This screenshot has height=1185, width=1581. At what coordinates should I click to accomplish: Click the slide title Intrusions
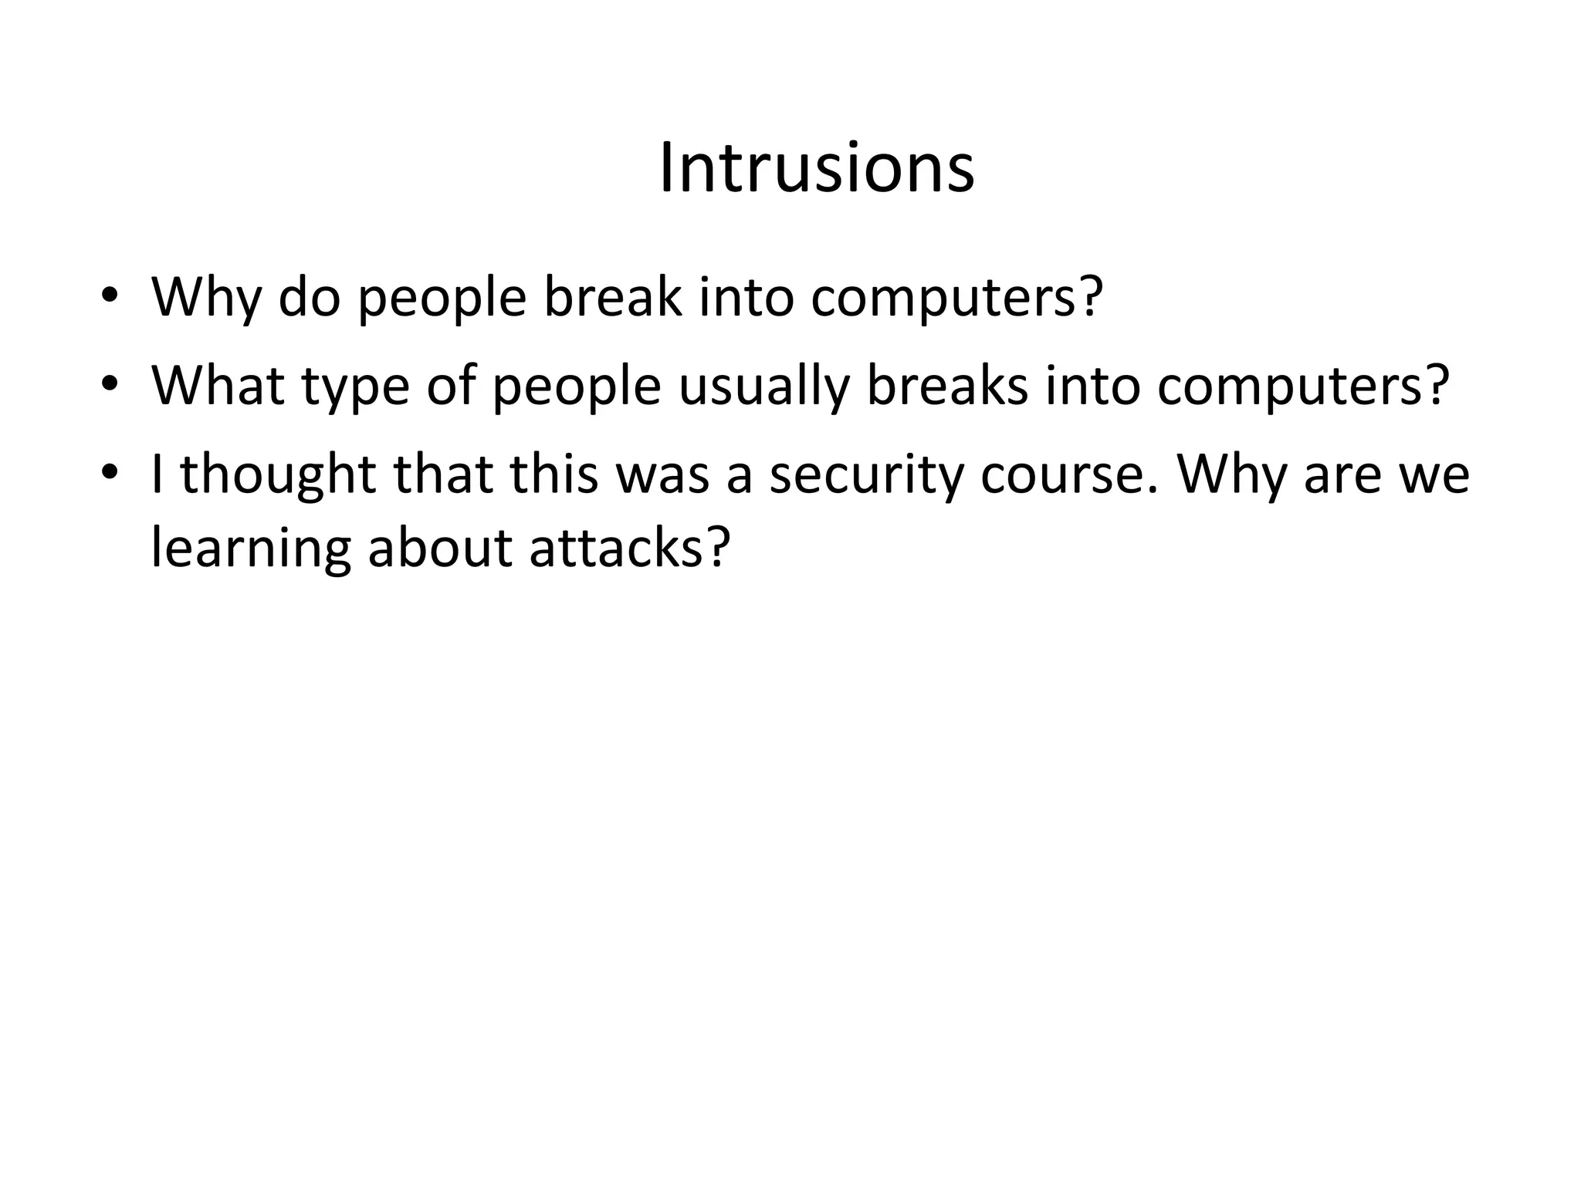click(x=817, y=169)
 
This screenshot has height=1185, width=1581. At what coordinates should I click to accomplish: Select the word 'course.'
click(x=1070, y=474)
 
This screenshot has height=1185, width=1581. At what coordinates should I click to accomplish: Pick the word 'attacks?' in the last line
click(x=629, y=549)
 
